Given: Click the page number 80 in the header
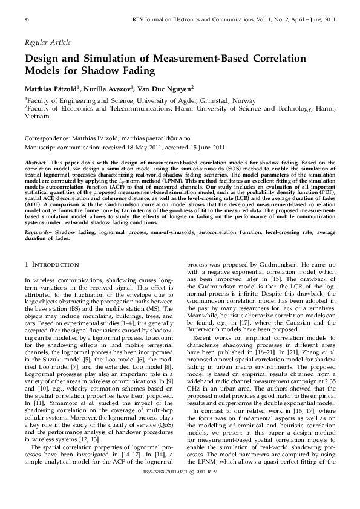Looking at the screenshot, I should [27, 20].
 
